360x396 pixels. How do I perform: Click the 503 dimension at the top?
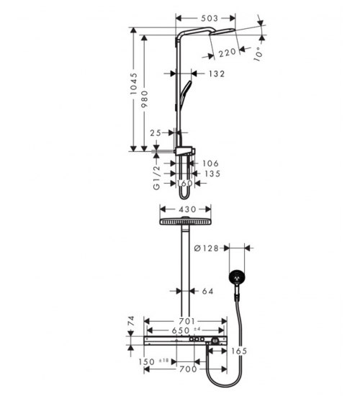(x=210, y=19)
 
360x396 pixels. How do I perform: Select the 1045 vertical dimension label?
(x=134, y=84)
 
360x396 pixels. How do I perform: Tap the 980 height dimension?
(x=145, y=99)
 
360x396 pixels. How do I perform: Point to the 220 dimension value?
(x=227, y=53)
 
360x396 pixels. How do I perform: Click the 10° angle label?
(x=258, y=54)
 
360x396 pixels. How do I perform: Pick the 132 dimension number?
(x=217, y=73)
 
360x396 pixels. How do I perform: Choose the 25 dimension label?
(x=156, y=133)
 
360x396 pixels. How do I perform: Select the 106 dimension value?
(x=210, y=163)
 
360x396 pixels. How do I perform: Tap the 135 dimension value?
(x=212, y=174)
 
